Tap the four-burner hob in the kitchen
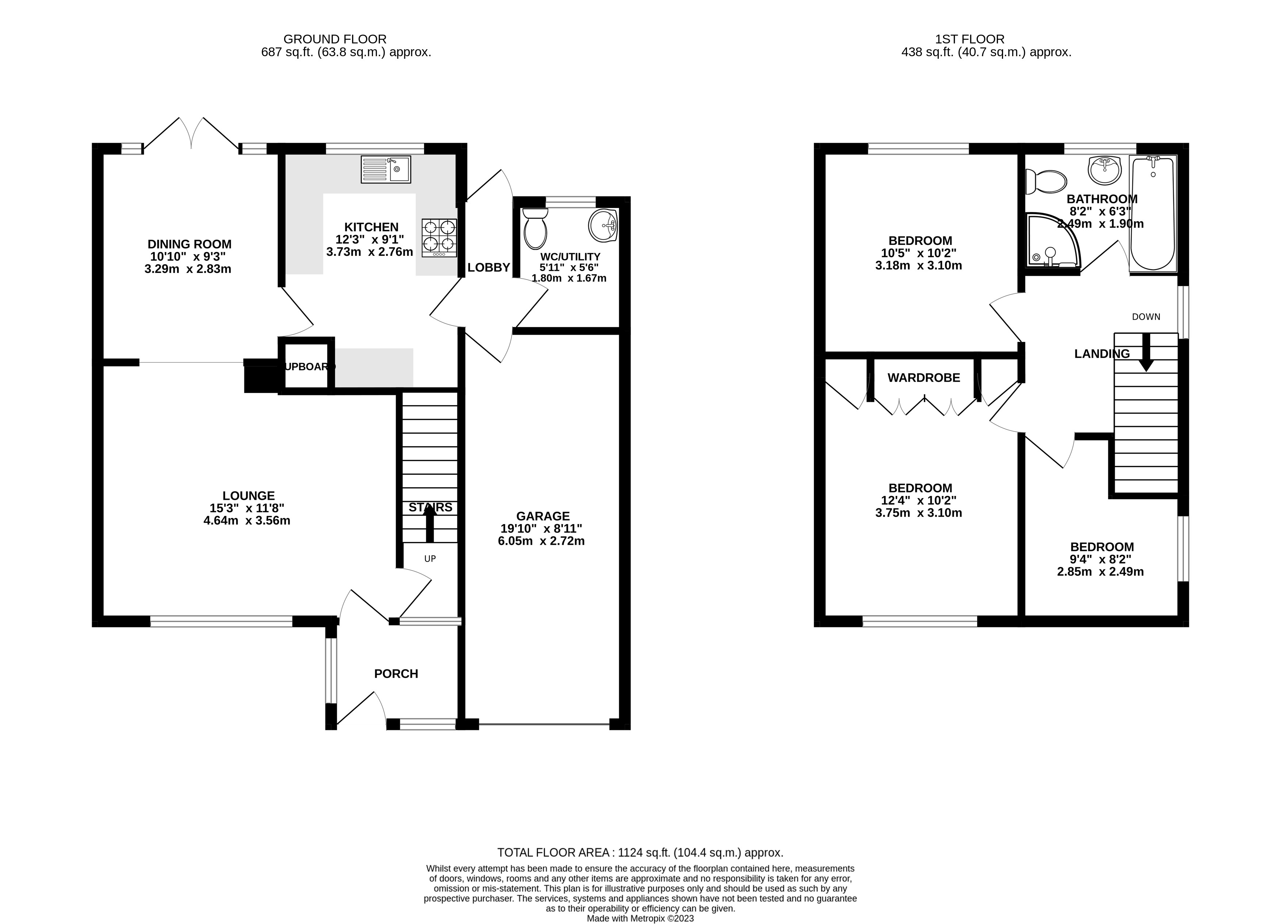click(x=439, y=238)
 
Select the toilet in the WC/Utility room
click(x=535, y=228)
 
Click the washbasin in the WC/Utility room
click(x=603, y=226)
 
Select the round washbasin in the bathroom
click(x=1104, y=170)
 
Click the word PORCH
click(x=396, y=673)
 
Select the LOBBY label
click(x=489, y=267)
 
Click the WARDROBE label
click(x=923, y=378)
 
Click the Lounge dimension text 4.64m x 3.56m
click(x=247, y=520)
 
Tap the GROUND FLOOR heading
click(x=335, y=39)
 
